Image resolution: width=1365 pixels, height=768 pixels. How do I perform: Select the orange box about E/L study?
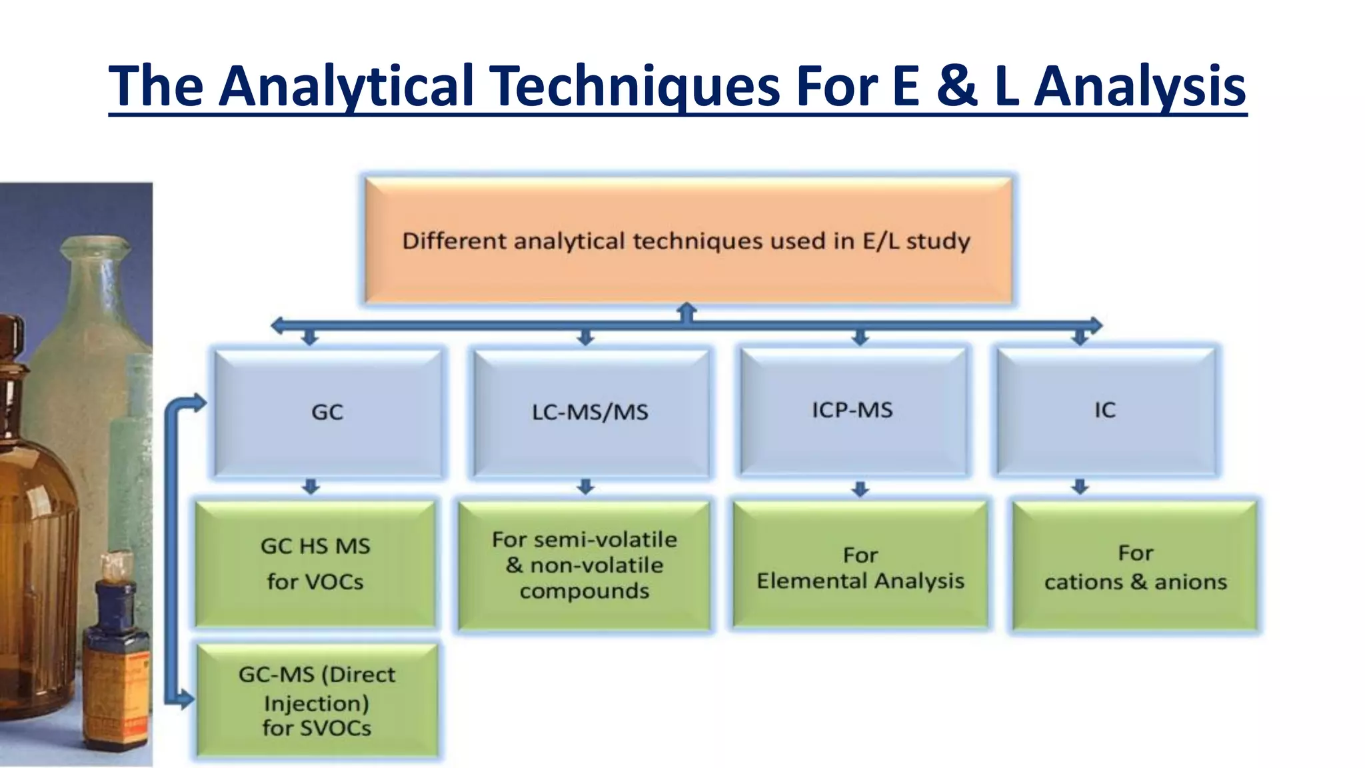pyautogui.click(x=687, y=241)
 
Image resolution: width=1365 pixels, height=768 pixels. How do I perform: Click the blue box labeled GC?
pyautogui.click(x=327, y=411)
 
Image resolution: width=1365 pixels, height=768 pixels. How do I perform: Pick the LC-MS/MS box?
pyautogui.click(x=590, y=411)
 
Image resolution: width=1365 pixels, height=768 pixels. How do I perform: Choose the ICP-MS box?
pyautogui.click(x=852, y=409)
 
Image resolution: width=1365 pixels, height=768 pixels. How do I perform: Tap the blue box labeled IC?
pyautogui.click(x=1105, y=409)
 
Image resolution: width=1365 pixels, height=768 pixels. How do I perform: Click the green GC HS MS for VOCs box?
pyautogui.click(x=315, y=563)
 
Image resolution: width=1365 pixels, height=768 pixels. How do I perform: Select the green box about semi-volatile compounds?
pyautogui.click(x=585, y=565)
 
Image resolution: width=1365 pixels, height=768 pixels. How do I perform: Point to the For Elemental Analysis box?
pyautogui.click(x=860, y=567)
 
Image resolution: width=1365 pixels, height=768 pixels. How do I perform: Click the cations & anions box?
pyautogui.click(x=1135, y=567)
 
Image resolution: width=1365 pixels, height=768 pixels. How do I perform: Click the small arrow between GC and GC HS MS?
pyautogui.click(x=311, y=487)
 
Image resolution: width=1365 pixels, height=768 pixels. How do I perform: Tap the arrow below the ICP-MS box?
pyautogui.click(x=860, y=489)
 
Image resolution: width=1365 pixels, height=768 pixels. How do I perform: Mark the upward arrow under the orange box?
pyautogui.click(x=686, y=311)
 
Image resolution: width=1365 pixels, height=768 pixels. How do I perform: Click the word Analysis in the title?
pyautogui.click(x=1140, y=87)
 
